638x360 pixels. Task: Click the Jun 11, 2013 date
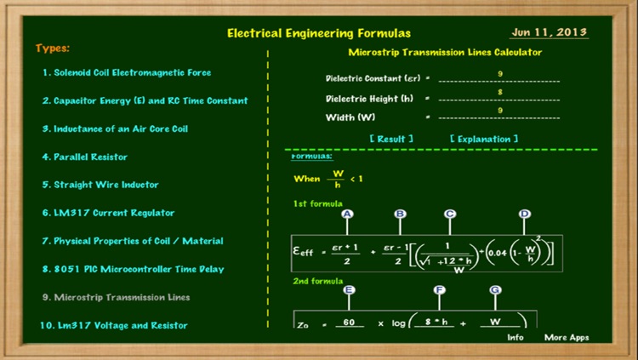point(550,32)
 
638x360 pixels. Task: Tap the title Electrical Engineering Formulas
point(319,33)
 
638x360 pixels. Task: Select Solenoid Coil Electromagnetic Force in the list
point(126,73)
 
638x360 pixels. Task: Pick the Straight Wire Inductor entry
point(100,185)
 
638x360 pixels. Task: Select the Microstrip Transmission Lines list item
point(116,297)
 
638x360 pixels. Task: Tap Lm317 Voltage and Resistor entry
point(114,325)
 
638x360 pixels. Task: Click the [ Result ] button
point(391,138)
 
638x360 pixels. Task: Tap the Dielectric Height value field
point(499,97)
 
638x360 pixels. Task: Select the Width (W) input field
point(499,116)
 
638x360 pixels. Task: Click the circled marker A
point(347,214)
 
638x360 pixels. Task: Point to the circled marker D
point(525,214)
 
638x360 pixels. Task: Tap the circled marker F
point(440,290)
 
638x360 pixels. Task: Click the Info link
point(516,338)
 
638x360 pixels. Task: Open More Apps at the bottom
point(567,338)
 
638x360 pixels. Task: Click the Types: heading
point(53,49)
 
